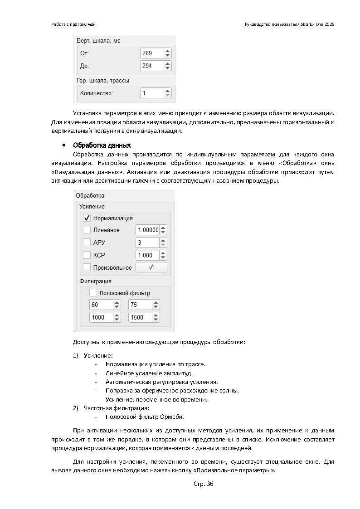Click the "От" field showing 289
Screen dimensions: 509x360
(x=151, y=53)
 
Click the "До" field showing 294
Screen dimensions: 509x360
(x=151, y=66)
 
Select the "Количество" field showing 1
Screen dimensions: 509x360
(x=151, y=93)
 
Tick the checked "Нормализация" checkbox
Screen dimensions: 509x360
(x=87, y=218)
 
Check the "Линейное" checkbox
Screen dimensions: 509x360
(x=87, y=230)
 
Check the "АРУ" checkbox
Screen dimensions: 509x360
(x=87, y=242)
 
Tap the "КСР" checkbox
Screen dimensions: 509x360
(x=87, y=255)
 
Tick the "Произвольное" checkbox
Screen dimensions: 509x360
(x=87, y=267)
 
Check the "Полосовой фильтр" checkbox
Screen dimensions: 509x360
(x=93, y=293)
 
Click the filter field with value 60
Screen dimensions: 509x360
(x=101, y=305)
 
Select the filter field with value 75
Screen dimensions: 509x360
(x=139, y=305)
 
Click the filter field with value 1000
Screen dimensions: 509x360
(x=101, y=317)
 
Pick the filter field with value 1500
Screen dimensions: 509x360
(x=139, y=317)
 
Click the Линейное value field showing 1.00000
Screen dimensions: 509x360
(x=148, y=230)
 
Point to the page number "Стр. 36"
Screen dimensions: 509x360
(x=203, y=484)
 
